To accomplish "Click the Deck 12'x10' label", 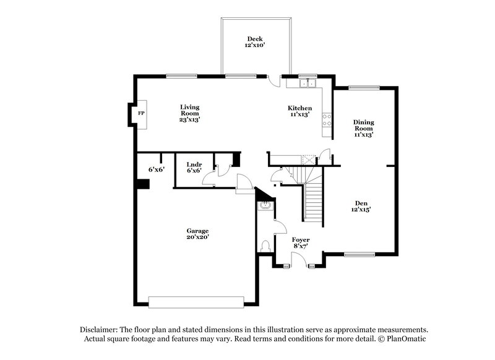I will pyautogui.click(x=255, y=43).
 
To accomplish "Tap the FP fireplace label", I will pyautogui.click(x=141, y=114).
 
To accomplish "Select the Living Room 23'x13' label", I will pyautogui.click(x=190, y=113).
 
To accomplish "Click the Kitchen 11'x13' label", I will pyautogui.click(x=299, y=111).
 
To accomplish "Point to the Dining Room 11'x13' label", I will pyautogui.click(x=364, y=128).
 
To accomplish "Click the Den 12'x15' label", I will pyautogui.click(x=361, y=206).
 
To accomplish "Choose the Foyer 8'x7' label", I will pyautogui.click(x=301, y=242).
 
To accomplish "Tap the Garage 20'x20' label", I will pyautogui.click(x=199, y=233).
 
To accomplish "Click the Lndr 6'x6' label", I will pyautogui.click(x=194, y=168).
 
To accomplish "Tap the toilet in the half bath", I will pyautogui.click(x=266, y=246).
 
